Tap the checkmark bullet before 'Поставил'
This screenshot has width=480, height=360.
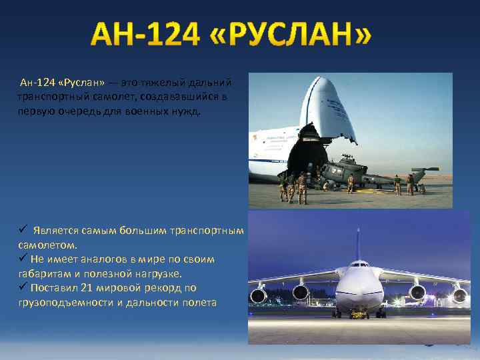[22, 287]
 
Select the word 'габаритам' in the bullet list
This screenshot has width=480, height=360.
[45, 273]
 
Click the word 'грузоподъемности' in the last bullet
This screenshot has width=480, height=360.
[64, 303]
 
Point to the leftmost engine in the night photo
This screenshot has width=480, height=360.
[258, 294]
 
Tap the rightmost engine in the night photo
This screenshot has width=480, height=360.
[459, 295]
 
